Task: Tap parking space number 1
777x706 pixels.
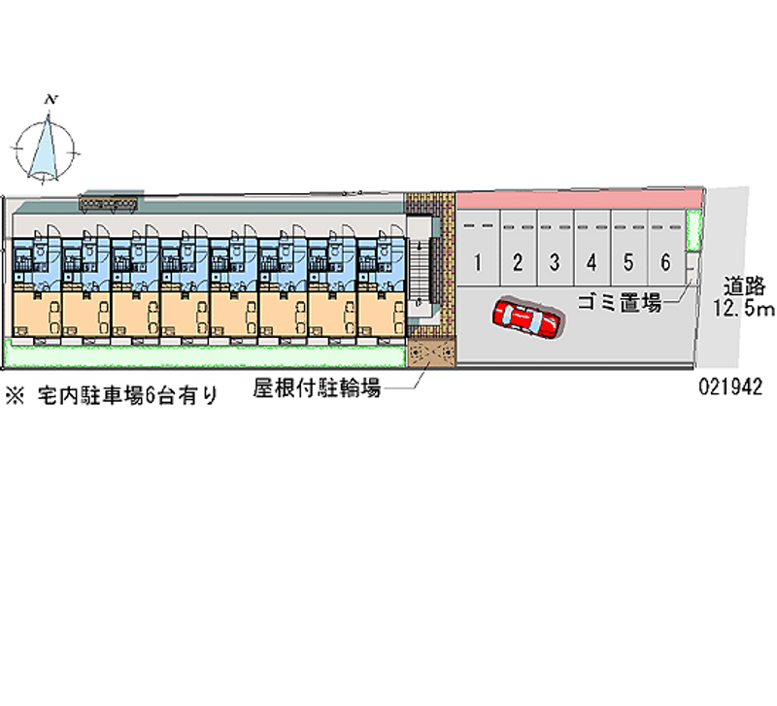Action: (479, 261)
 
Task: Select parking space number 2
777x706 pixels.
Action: (518, 261)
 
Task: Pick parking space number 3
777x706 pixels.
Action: (554, 261)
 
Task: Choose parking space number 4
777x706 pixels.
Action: (591, 261)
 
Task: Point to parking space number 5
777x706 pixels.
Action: (628, 261)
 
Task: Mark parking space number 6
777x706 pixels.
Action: (665, 261)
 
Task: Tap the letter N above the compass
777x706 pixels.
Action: (52, 99)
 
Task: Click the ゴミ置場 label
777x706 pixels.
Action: (620, 303)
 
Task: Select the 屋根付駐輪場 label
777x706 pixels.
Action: (316, 389)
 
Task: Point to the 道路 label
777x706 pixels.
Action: (747, 287)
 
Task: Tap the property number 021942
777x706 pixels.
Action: (729, 386)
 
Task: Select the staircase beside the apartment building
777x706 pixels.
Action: (418, 271)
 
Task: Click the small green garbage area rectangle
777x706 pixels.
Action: (693, 232)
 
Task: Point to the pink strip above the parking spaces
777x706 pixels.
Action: (578, 198)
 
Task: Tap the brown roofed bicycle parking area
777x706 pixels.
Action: (430, 352)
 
